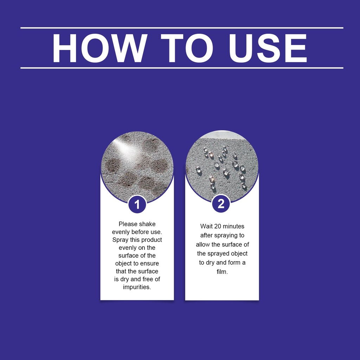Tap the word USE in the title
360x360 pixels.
268,48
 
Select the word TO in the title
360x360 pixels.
187,48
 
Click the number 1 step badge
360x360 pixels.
137,204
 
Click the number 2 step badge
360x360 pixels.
221,204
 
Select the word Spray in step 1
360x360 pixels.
120,240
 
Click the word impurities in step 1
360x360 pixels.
137,287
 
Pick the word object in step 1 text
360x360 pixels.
124,264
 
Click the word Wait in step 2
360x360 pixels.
206,226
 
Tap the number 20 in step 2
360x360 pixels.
218,226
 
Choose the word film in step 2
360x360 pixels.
222,272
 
